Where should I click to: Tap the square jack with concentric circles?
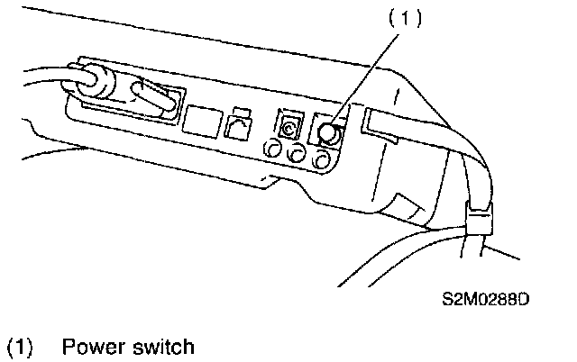[x=288, y=126]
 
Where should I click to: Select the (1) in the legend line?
[x=22, y=346]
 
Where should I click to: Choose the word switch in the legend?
[x=162, y=346]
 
